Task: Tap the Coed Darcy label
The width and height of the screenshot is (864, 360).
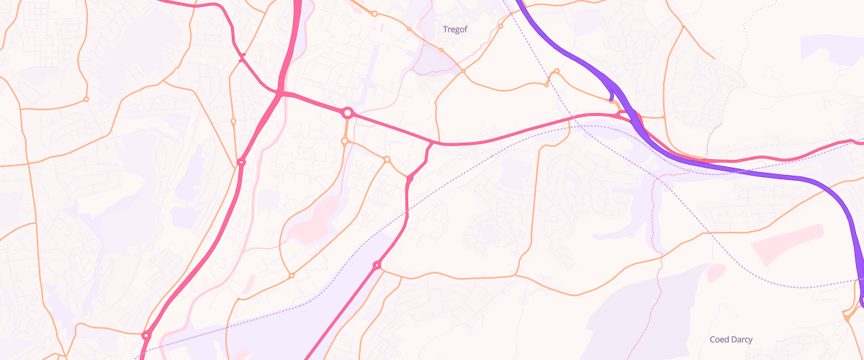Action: point(731,339)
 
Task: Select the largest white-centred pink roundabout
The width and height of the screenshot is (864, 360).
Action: point(348,113)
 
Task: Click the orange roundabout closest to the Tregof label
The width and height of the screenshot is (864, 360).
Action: point(441,50)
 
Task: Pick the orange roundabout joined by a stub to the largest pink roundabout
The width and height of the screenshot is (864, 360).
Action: point(345,141)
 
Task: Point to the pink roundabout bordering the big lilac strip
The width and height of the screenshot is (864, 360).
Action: point(377,266)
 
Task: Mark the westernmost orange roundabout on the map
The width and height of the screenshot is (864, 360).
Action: point(86,99)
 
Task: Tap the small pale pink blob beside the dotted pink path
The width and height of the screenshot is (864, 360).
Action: point(715,272)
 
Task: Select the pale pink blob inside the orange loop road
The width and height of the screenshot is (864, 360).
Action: point(315,220)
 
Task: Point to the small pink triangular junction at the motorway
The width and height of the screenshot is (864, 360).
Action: point(622,115)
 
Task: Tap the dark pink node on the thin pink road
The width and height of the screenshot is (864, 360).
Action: point(242,55)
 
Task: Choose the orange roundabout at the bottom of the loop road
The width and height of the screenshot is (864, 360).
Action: point(292,275)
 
